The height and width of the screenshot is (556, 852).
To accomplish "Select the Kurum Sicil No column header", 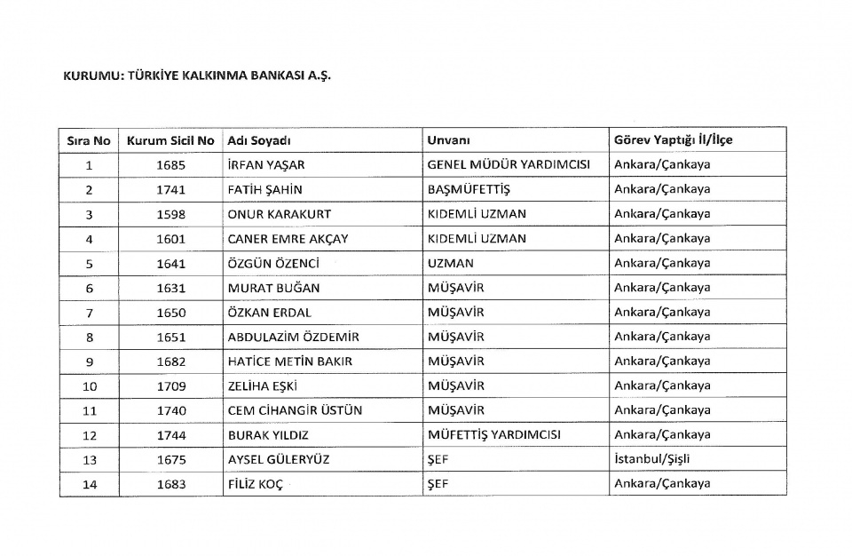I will pos(170,140).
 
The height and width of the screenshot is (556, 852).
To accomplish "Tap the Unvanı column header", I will pos(448,140).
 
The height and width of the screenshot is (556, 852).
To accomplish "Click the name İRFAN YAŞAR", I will pos(265,165).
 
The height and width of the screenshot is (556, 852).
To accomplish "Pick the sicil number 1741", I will pos(170,189).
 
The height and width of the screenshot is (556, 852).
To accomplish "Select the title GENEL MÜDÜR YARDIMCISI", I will pos(509,165).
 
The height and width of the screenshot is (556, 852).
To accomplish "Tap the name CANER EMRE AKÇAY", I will pos(288,239).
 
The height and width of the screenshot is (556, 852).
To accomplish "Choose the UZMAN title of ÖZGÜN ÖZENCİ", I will pos(451,263).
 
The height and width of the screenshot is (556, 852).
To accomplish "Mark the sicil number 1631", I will pos(170,288).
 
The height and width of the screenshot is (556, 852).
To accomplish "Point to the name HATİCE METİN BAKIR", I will pos(289,361).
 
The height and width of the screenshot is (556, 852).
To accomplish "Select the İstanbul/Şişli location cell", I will pos(651,459).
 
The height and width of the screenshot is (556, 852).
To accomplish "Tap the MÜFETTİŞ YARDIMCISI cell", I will pos(493,435).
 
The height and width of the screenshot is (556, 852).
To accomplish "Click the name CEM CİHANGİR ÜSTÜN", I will pos(295,410).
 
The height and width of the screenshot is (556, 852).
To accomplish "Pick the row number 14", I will pos(89,484).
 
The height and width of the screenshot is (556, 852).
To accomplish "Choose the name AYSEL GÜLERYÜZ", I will pos(279,459).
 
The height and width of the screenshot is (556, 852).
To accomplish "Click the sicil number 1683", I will pos(170,484).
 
